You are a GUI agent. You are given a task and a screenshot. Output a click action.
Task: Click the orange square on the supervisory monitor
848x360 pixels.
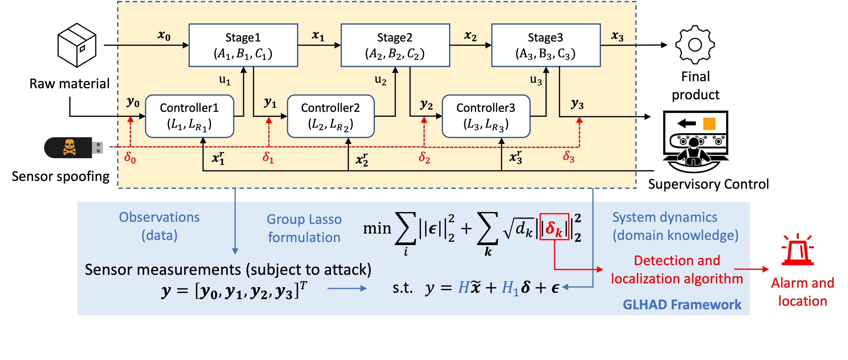709,124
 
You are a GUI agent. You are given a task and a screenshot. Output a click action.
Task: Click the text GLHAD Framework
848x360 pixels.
682,304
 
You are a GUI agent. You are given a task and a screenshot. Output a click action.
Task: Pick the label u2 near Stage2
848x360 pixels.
381,80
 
